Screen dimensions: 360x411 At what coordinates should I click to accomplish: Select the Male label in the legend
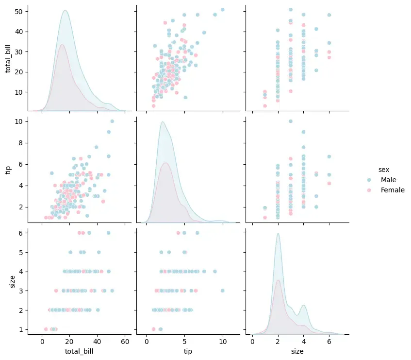point(389,180)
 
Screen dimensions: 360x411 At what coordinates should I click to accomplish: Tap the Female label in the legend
point(393,190)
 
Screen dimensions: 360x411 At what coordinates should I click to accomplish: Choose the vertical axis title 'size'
point(13,281)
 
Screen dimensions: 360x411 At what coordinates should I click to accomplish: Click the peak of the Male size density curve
point(278,234)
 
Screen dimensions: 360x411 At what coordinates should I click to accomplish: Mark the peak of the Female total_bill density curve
point(62,45)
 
